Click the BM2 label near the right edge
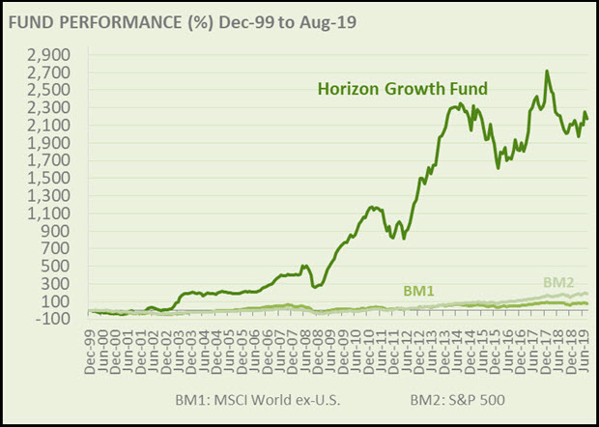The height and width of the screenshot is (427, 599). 559,282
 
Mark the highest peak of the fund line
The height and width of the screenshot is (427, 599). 547,71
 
